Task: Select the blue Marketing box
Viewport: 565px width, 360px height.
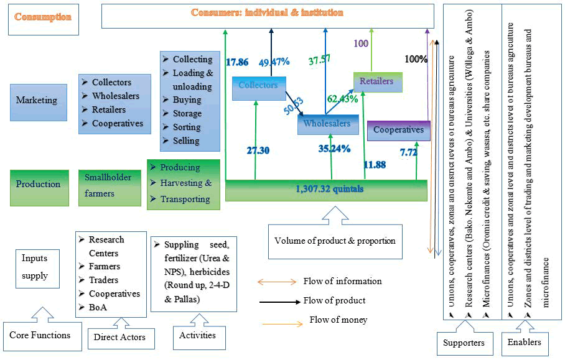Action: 37,100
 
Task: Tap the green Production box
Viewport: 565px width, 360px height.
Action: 38,184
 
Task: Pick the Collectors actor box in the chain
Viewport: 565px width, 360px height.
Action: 258,86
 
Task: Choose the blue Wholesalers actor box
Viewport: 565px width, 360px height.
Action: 327,124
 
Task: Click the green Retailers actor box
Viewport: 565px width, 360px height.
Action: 377,81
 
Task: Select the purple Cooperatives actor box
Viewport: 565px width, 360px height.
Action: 398,130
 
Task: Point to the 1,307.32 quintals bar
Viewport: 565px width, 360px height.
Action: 326,190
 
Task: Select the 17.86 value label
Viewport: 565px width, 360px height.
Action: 237,62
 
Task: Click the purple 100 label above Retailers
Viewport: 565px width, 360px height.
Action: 361,44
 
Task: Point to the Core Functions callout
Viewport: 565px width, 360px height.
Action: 40,335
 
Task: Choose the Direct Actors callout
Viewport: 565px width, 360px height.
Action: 119,337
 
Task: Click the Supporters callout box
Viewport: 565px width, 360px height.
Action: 464,342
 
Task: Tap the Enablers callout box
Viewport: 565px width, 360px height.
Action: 525,342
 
